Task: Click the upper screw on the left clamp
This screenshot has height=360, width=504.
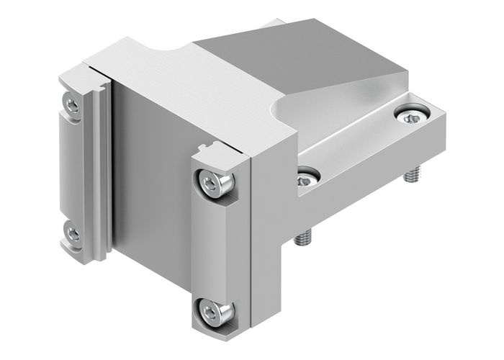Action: (x=72, y=106)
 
